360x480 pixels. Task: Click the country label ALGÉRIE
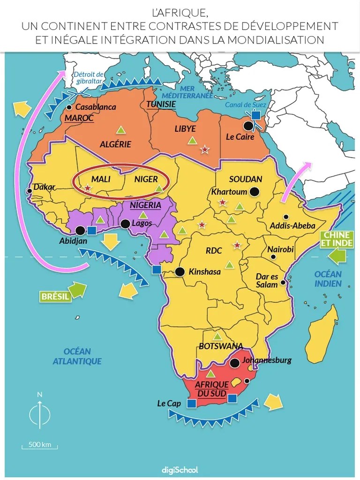tap(115, 144)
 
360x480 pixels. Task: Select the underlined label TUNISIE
tap(161, 104)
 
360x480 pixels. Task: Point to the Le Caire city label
tap(240, 137)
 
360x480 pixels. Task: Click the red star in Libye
tap(205, 150)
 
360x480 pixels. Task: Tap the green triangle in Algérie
tap(120, 129)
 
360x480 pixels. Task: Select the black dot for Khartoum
tap(255, 191)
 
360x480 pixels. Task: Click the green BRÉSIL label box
tap(54, 296)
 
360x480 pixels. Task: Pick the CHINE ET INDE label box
tap(335, 239)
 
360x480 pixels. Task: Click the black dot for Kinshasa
tap(180, 271)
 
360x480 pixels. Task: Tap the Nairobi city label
tap(280, 249)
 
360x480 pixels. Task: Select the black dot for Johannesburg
tap(234, 363)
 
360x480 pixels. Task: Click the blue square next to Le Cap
tap(191, 403)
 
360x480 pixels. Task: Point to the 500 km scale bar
tap(39, 447)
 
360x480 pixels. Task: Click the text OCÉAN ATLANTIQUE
tap(77, 356)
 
